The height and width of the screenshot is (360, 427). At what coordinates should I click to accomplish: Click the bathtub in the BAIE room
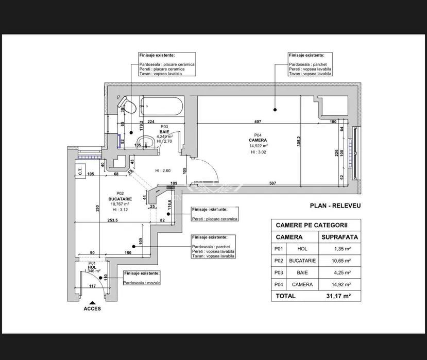[x=161, y=108]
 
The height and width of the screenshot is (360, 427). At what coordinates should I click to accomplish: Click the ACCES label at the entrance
[x=92, y=309]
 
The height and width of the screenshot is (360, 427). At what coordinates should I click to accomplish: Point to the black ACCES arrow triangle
[x=92, y=302]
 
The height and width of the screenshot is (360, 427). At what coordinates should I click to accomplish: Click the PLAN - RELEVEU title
[x=335, y=205]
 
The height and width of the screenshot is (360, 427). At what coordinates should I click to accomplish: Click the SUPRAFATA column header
[x=339, y=237]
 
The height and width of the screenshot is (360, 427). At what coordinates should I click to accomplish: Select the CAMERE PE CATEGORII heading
[x=312, y=225]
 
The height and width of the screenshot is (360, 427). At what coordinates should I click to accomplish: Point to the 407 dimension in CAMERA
[x=258, y=122]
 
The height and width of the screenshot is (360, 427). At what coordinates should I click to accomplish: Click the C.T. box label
[x=81, y=173]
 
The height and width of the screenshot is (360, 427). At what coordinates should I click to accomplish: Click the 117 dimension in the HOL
[x=92, y=286]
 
